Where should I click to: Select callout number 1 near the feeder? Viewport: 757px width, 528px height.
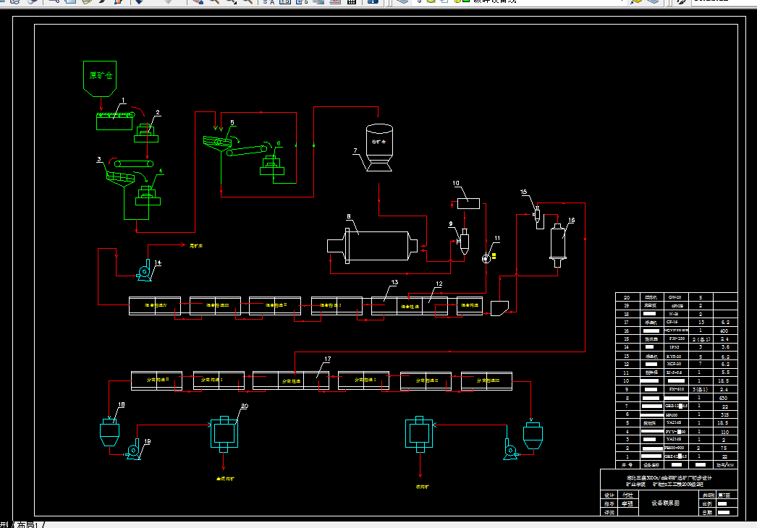124,101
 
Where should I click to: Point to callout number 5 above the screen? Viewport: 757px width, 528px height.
232,123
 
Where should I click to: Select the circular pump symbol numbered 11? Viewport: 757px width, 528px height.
485,259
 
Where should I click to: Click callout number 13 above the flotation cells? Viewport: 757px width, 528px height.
395,282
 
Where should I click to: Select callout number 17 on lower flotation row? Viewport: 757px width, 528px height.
327,359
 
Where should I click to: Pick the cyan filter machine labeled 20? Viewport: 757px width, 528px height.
224,434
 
